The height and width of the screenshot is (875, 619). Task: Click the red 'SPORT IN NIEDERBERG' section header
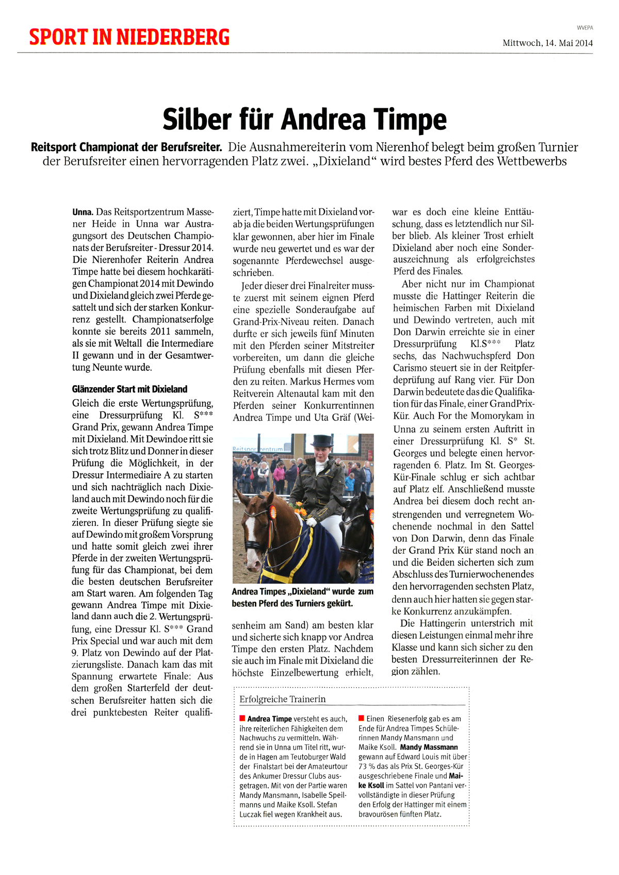pos(129,37)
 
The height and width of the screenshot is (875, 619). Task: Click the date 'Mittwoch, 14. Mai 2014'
pos(547,43)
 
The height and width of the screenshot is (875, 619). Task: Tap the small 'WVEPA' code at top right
pos(584,28)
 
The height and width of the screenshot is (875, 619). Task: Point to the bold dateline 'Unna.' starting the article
pos(83,212)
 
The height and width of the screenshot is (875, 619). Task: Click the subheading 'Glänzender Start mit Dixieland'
pos(129,389)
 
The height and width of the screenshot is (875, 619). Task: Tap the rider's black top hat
pos(321,442)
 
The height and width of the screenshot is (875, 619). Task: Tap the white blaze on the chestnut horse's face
pos(251,536)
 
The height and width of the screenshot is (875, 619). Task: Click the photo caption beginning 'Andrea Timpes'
pos(302,597)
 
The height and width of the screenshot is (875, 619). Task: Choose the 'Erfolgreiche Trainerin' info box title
pos(282,699)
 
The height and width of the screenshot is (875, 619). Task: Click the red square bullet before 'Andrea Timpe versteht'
pos(242,718)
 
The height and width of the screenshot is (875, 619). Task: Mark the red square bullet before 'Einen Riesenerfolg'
pos(361,718)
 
